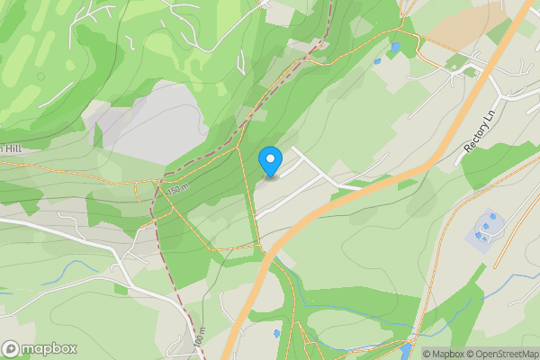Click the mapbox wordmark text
pos(49,348)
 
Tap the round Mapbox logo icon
pos(11,348)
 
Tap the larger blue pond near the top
pos(395,47)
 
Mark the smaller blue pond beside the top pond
pos(378,61)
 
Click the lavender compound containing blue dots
pos(485,232)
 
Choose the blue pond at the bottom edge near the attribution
pos(406,350)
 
